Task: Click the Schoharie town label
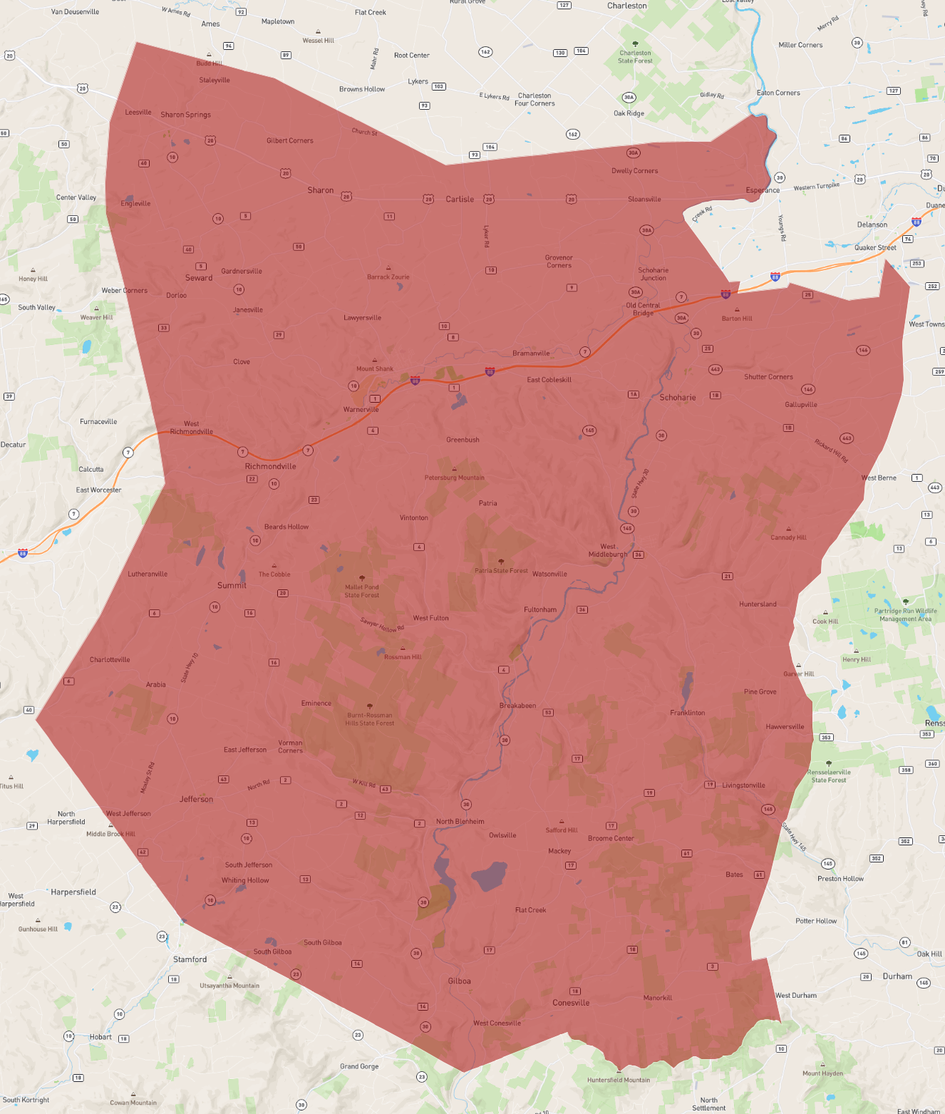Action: [x=677, y=398]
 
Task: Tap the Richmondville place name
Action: [x=270, y=466]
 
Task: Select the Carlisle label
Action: [x=460, y=200]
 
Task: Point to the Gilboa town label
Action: [x=459, y=981]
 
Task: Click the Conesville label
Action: [x=571, y=1003]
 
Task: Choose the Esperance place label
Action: [x=763, y=190]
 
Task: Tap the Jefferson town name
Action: [x=196, y=799]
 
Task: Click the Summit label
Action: [x=232, y=585]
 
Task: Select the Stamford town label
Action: [x=190, y=959]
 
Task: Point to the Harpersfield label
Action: [x=73, y=892]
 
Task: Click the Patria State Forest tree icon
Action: [x=501, y=562]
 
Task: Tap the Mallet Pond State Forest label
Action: [x=362, y=591]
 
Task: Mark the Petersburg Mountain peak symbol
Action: [x=455, y=469]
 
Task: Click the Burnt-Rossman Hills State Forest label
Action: [x=369, y=719]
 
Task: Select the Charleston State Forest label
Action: [x=635, y=57]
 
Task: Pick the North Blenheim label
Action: [x=460, y=821]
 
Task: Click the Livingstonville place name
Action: [x=743, y=785]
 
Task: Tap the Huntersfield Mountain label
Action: [x=619, y=1080]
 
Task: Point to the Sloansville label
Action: [x=644, y=200]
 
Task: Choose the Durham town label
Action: [x=897, y=976]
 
